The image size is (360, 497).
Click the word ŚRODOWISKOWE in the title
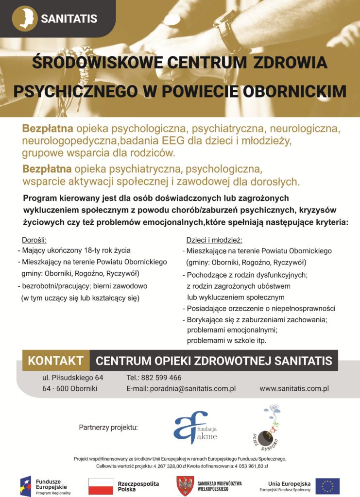(93, 63)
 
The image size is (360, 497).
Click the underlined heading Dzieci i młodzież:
(214, 240)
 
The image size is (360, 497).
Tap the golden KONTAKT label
(56, 361)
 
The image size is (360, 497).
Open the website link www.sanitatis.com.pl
(294, 388)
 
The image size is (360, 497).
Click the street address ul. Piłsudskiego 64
(72, 378)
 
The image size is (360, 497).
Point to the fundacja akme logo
(194, 427)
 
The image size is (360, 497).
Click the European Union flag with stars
(327, 486)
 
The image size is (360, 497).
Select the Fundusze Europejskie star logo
(26, 486)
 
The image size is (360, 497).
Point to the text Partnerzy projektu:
(108, 428)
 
